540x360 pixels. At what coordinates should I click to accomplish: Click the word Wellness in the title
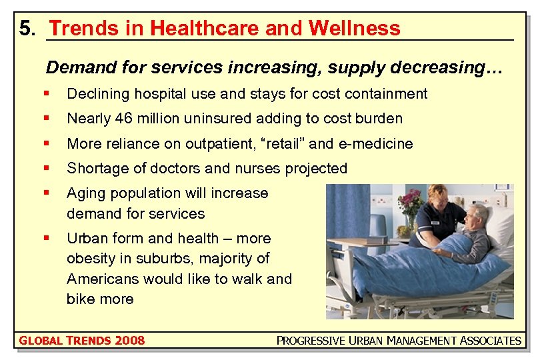pos(354,28)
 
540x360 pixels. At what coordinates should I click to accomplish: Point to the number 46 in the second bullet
pos(120,119)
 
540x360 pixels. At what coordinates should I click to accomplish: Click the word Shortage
pos(93,169)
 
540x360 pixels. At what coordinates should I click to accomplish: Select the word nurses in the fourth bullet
pos(263,169)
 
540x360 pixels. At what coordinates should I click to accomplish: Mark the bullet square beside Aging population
pos(45,193)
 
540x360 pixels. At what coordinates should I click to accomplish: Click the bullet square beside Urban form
pos(45,238)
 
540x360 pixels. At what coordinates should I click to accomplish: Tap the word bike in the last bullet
pos(79,299)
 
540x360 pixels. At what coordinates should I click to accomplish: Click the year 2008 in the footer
pos(129,341)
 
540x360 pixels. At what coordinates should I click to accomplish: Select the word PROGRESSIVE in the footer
pos(311,341)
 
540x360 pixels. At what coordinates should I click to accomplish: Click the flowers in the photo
pos(411,202)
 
